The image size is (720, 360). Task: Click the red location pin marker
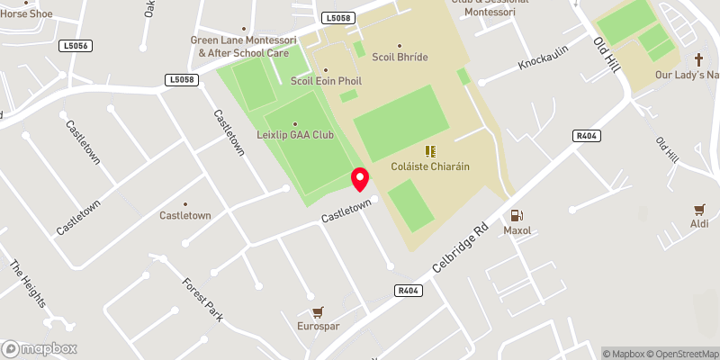359,179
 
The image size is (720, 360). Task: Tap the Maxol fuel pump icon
517,215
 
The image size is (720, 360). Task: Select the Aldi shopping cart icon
699,209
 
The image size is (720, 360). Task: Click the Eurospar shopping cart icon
318,311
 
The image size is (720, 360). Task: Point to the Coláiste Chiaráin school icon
429,151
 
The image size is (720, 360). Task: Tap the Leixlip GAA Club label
295,135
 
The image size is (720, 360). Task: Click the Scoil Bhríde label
400,57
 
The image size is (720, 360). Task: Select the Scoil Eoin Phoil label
326,80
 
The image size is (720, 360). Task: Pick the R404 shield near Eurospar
409,291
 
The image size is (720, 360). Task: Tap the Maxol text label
517,230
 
